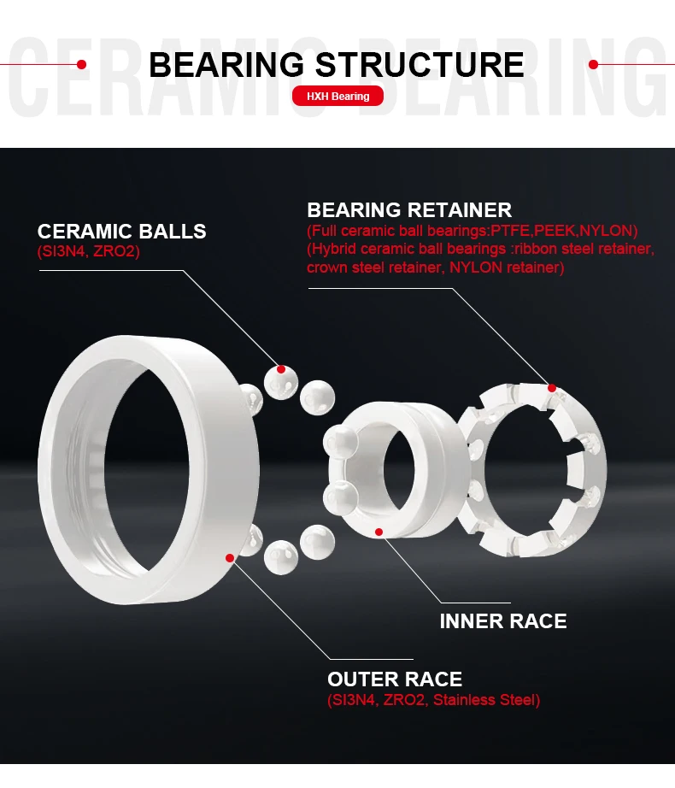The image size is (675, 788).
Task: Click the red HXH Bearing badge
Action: [x=337, y=97]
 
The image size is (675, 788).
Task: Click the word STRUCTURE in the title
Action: [x=420, y=65]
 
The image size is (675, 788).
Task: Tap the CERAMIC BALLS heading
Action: [x=121, y=232]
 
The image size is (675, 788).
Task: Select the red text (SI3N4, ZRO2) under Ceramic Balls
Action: [x=88, y=252]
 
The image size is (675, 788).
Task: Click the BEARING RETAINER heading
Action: [x=409, y=210]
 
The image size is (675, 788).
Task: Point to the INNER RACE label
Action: [x=502, y=621]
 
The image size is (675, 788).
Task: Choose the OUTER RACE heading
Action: [x=394, y=679]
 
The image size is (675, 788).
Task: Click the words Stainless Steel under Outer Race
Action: [x=487, y=701]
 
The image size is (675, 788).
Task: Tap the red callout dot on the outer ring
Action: [x=229, y=558]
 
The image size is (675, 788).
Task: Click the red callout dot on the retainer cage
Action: [x=552, y=388]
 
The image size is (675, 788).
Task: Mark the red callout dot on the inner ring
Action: [x=379, y=532]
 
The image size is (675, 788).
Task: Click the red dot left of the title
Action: [x=81, y=64]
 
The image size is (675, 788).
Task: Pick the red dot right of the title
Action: [x=594, y=64]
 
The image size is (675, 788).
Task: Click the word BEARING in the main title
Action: [x=226, y=65]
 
